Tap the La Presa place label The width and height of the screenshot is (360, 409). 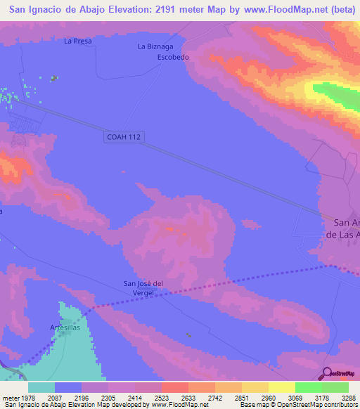click(x=78, y=41)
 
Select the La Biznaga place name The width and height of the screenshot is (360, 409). click(x=154, y=46)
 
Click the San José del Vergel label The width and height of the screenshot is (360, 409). click(x=143, y=288)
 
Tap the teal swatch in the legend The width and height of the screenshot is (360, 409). click(x=41, y=387)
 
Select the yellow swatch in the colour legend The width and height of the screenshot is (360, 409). click(x=281, y=387)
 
